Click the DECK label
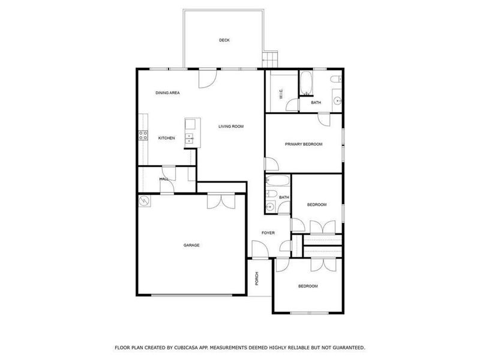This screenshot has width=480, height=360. pos(224,40)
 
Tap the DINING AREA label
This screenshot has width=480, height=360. pos(167,93)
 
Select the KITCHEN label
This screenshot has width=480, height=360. pos(166,138)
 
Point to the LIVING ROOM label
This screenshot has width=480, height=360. pos(231,126)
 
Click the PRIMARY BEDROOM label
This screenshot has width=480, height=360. pos(304,144)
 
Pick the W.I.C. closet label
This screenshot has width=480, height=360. pos(281,95)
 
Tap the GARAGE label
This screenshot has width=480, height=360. pos(191,245)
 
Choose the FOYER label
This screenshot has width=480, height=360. pos(268,233)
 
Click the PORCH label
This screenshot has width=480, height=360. pos(257,278)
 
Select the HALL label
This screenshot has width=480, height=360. pos(163,179)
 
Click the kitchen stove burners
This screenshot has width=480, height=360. pos(143,136)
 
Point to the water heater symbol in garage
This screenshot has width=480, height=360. pos(144,202)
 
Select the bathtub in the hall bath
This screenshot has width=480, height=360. pos(278,181)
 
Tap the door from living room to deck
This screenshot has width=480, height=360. pos(207,77)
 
